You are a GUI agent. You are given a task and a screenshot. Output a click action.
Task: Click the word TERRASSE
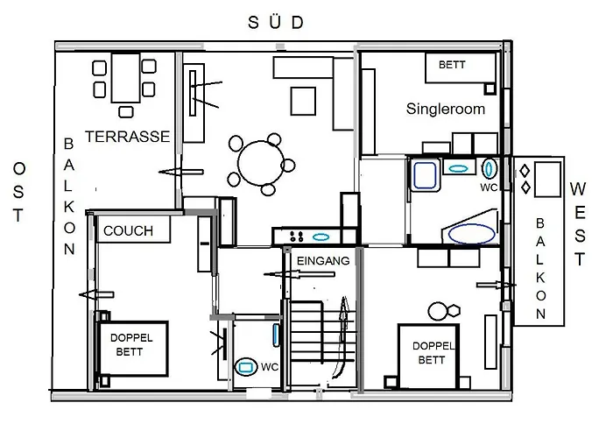[x=127, y=137]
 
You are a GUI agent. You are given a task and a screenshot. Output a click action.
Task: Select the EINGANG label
[x=323, y=261]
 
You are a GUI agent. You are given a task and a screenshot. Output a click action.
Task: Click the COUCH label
[x=128, y=231]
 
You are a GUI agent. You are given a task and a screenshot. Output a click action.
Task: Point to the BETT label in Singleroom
[x=453, y=65]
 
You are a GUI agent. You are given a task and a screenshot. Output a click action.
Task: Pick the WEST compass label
[x=579, y=223]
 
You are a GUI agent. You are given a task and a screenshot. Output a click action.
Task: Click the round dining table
[x=261, y=163]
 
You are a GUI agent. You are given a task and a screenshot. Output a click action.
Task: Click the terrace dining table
[x=127, y=77]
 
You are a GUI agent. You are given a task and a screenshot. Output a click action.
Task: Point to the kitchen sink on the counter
[x=321, y=236]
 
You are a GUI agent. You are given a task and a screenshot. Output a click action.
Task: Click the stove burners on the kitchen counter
[x=293, y=236]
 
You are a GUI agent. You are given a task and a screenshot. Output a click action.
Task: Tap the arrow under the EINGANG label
[x=302, y=274]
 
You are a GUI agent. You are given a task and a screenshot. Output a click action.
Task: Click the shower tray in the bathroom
[x=426, y=175]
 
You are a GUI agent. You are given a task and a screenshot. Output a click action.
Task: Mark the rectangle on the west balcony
[x=548, y=180]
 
